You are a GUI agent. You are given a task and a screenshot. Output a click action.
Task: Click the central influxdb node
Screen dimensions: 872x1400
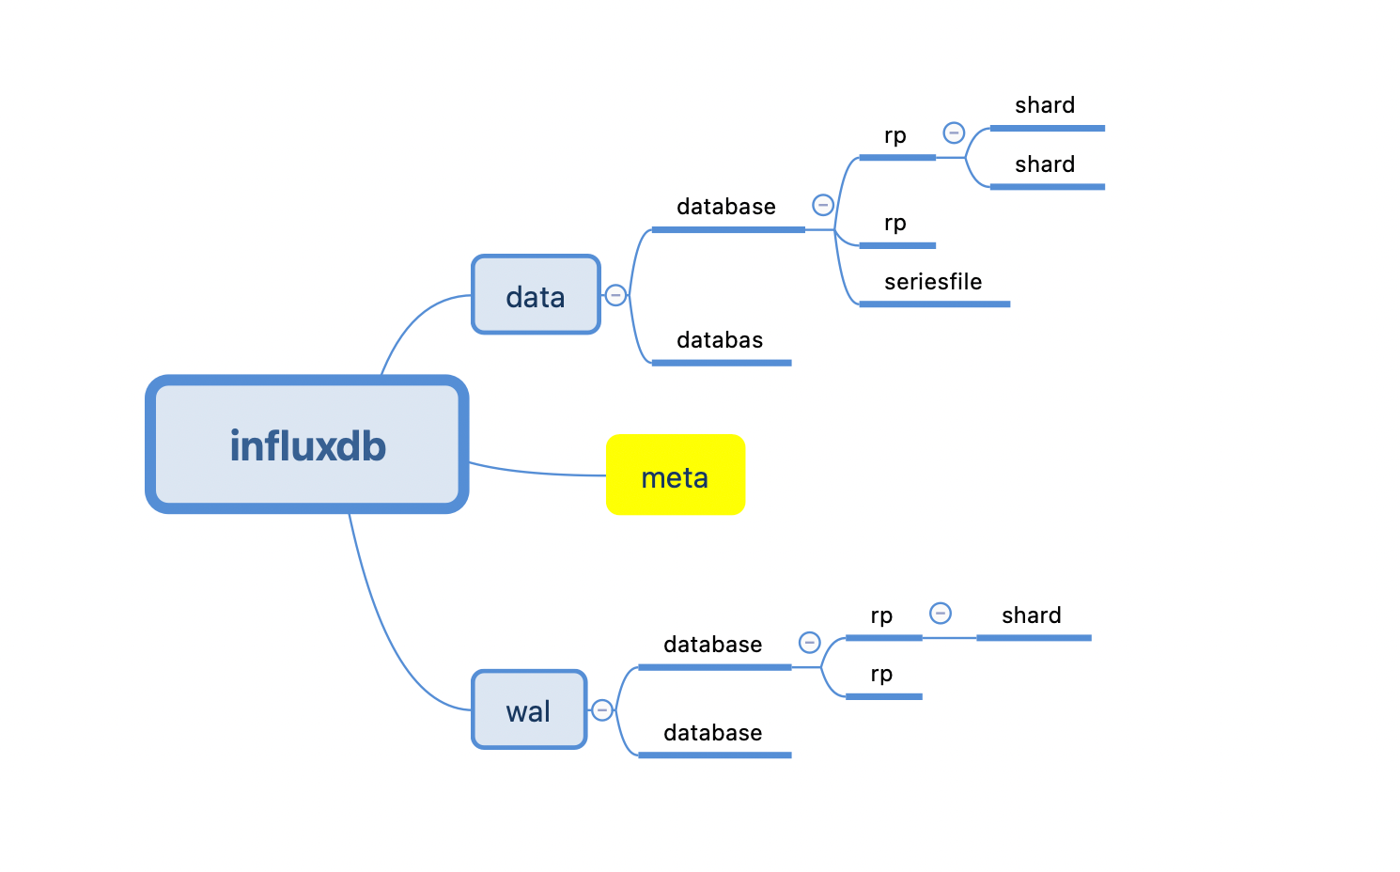click(x=307, y=444)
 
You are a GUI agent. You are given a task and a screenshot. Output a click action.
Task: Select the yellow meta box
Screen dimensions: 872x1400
click(x=676, y=475)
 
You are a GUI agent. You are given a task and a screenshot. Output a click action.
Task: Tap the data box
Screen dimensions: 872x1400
click(x=536, y=295)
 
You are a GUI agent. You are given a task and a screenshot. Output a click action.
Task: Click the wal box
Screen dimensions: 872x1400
click(x=529, y=709)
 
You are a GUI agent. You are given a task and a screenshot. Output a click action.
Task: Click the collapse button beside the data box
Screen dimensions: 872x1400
click(x=615, y=295)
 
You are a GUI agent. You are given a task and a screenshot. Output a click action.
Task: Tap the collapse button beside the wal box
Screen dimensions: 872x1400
click(x=602, y=710)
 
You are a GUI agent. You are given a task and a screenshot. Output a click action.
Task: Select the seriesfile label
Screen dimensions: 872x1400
click(x=932, y=282)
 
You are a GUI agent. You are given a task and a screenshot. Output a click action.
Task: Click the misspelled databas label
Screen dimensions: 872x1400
click(x=720, y=340)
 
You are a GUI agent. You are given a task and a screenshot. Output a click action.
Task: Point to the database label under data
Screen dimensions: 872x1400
click(x=726, y=207)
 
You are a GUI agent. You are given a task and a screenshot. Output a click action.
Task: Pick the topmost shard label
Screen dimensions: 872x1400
click(x=1045, y=105)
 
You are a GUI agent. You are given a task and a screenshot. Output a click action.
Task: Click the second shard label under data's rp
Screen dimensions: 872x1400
click(x=1045, y=164)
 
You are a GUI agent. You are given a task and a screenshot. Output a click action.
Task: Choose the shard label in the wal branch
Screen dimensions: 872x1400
click(x=1031, y=615)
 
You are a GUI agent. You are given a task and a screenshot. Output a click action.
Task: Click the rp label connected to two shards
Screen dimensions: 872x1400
click(x=895, y=136)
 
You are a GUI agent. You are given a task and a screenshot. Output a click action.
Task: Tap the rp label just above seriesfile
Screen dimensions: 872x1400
click(x=895, y=224)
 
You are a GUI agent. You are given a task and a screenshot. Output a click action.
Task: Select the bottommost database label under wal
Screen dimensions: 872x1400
click(x=712, y=733)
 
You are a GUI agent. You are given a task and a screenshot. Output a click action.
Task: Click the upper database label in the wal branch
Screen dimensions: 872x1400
click(x=712, y=645)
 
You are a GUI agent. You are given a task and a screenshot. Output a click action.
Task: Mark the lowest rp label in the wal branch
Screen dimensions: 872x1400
click(x=881, y=675)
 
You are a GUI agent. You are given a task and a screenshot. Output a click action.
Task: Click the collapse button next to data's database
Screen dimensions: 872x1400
click(x=823, y=205)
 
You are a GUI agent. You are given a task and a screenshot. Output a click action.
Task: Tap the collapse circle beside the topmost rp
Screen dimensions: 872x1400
click(x=954, y=132)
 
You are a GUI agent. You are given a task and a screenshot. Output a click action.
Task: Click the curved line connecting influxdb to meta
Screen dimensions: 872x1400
click(x=536, y=473)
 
